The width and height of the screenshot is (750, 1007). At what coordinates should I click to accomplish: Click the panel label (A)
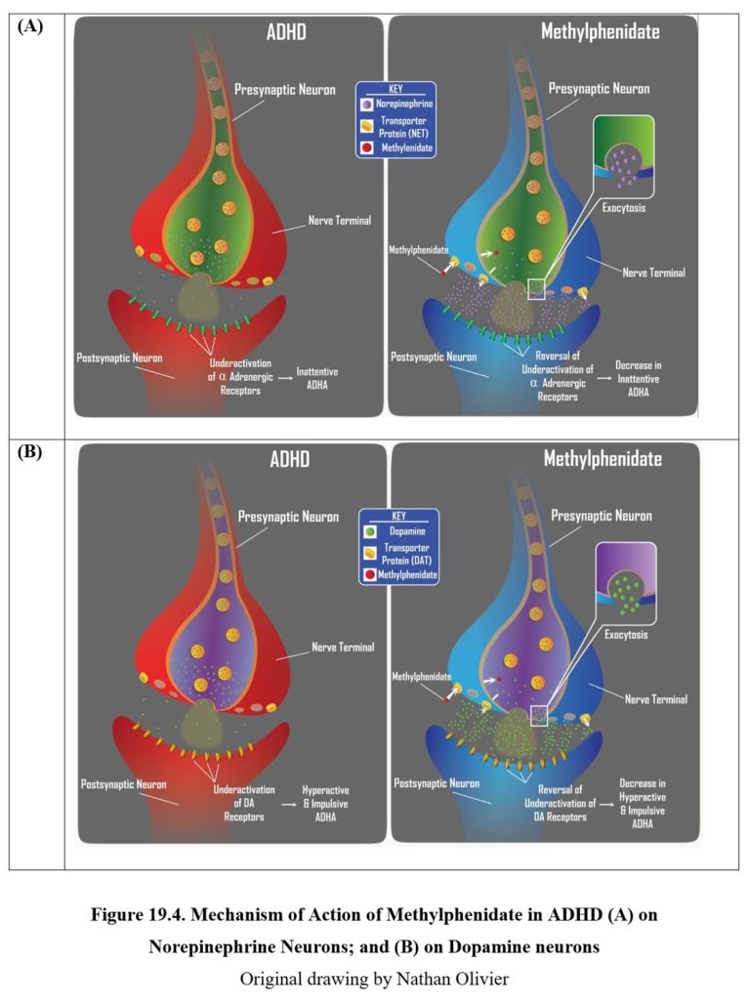click(x=31, y=26)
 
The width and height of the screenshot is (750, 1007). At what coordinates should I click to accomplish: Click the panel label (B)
click(x=31, y=454)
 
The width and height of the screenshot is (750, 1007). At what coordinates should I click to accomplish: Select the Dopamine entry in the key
click(x=405, y=531)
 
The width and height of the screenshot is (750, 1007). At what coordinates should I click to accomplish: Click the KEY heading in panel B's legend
click(x=396, y=516)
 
